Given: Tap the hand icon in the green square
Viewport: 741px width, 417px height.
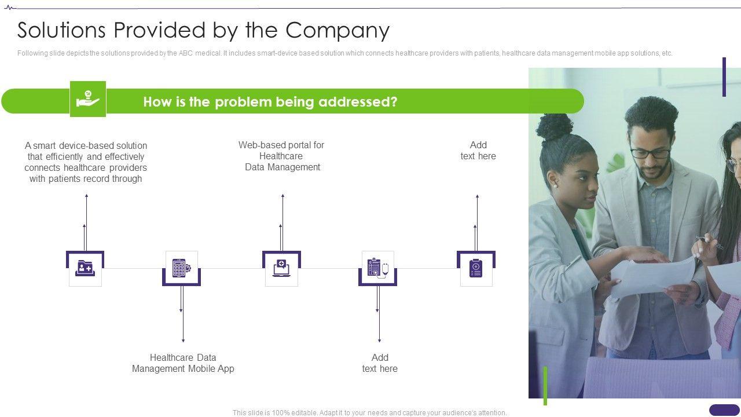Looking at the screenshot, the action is (88, 99).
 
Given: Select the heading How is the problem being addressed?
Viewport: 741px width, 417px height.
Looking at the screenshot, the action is (270, 102).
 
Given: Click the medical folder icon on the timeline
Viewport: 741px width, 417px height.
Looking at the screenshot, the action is (85, 268).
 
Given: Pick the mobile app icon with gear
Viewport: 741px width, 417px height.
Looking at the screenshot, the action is (181, 268).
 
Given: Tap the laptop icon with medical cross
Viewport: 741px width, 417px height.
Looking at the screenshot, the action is (281, 268).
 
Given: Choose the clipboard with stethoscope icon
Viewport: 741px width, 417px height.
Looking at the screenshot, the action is (377, 268).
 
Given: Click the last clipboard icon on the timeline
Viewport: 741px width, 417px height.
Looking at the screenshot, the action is (476, 268).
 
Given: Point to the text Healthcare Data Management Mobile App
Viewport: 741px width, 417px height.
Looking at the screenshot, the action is (183, 363).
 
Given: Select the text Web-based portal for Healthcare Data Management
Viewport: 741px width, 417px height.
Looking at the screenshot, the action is (281, 156).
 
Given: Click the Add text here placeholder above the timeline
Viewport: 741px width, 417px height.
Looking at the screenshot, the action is (478, 151).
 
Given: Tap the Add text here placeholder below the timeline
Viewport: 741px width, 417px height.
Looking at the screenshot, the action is (380, 363).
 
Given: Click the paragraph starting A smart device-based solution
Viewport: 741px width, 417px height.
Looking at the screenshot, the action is (86, 162).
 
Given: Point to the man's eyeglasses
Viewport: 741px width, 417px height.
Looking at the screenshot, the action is (650, 153).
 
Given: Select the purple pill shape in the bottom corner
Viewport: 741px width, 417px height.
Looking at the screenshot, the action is (724, 409).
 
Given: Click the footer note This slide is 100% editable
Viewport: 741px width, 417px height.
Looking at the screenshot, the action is (369, 413).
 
